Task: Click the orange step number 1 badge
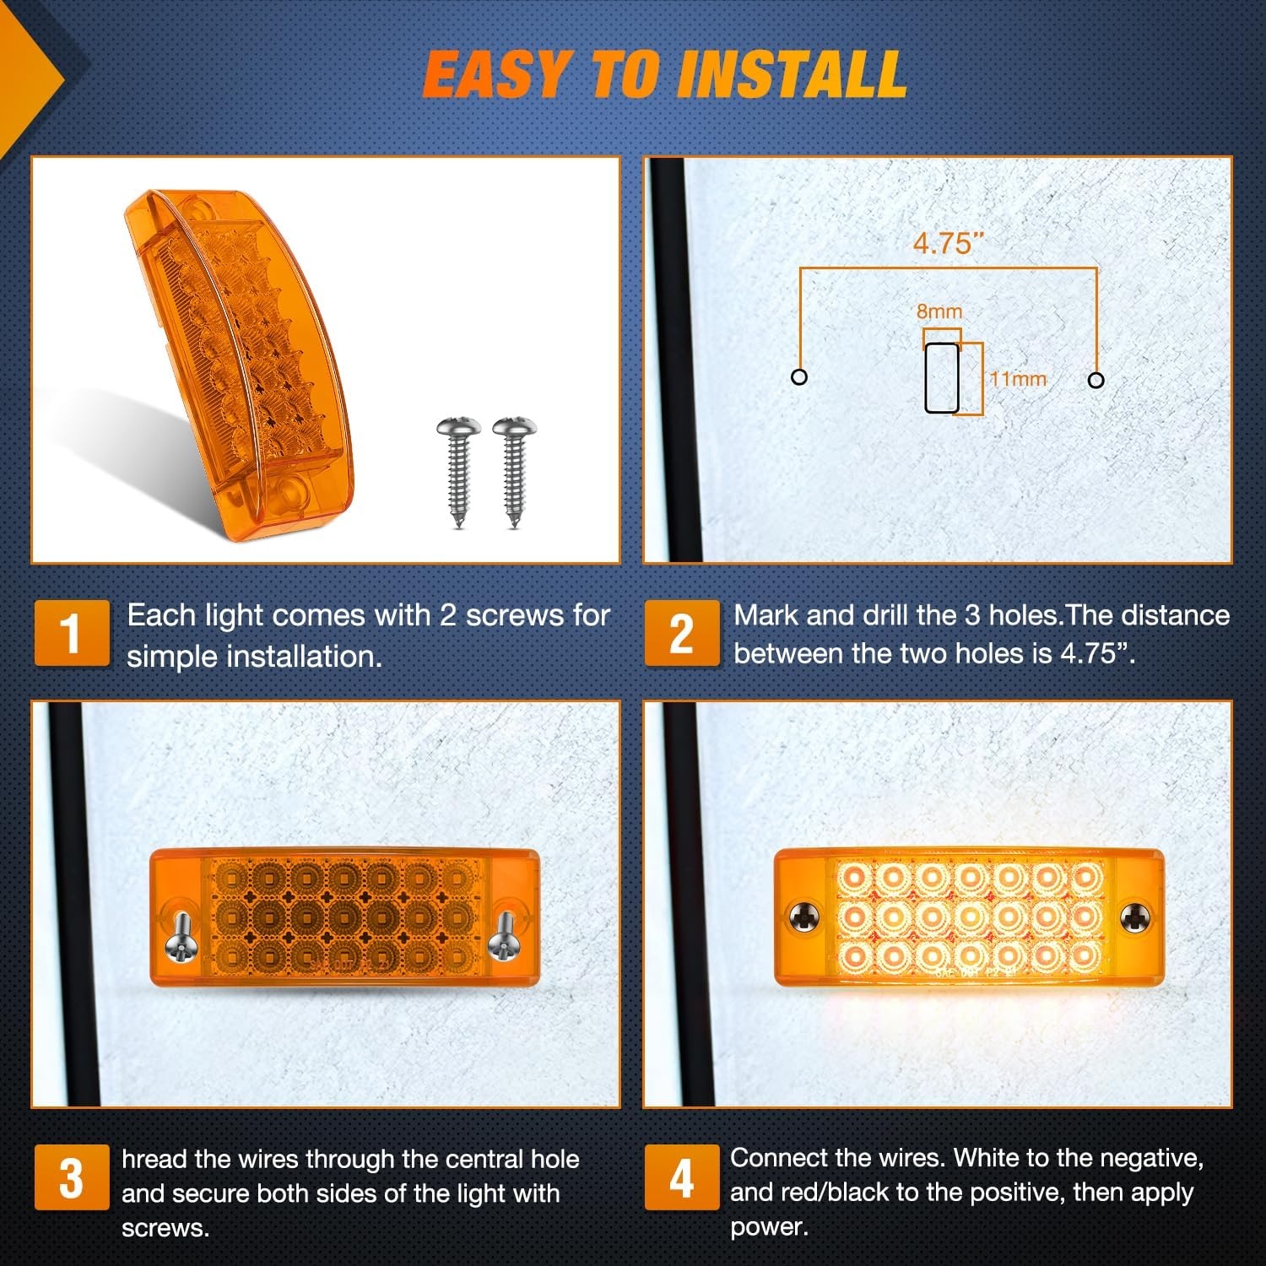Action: (x=72, y=633)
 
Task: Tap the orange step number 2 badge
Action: (x=682, y=633)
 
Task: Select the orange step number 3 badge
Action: (x=72, y=1177)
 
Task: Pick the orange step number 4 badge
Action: (x=682, y=1177)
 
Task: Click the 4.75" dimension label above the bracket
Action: (x=949, y=243)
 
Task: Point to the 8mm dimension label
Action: (x=939, y=311)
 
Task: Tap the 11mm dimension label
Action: (x=1018, y=379)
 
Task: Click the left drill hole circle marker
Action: (x=799, y=377)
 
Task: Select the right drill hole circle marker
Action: (x=1096, y=380)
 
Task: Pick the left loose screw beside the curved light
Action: (x=458, y=472)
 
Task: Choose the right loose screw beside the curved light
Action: (x=514, y=472)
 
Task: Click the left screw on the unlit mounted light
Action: (x=181, y=937)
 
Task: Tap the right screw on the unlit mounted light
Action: (x=503, y=937)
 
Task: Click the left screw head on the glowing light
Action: (x=805, y=917)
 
